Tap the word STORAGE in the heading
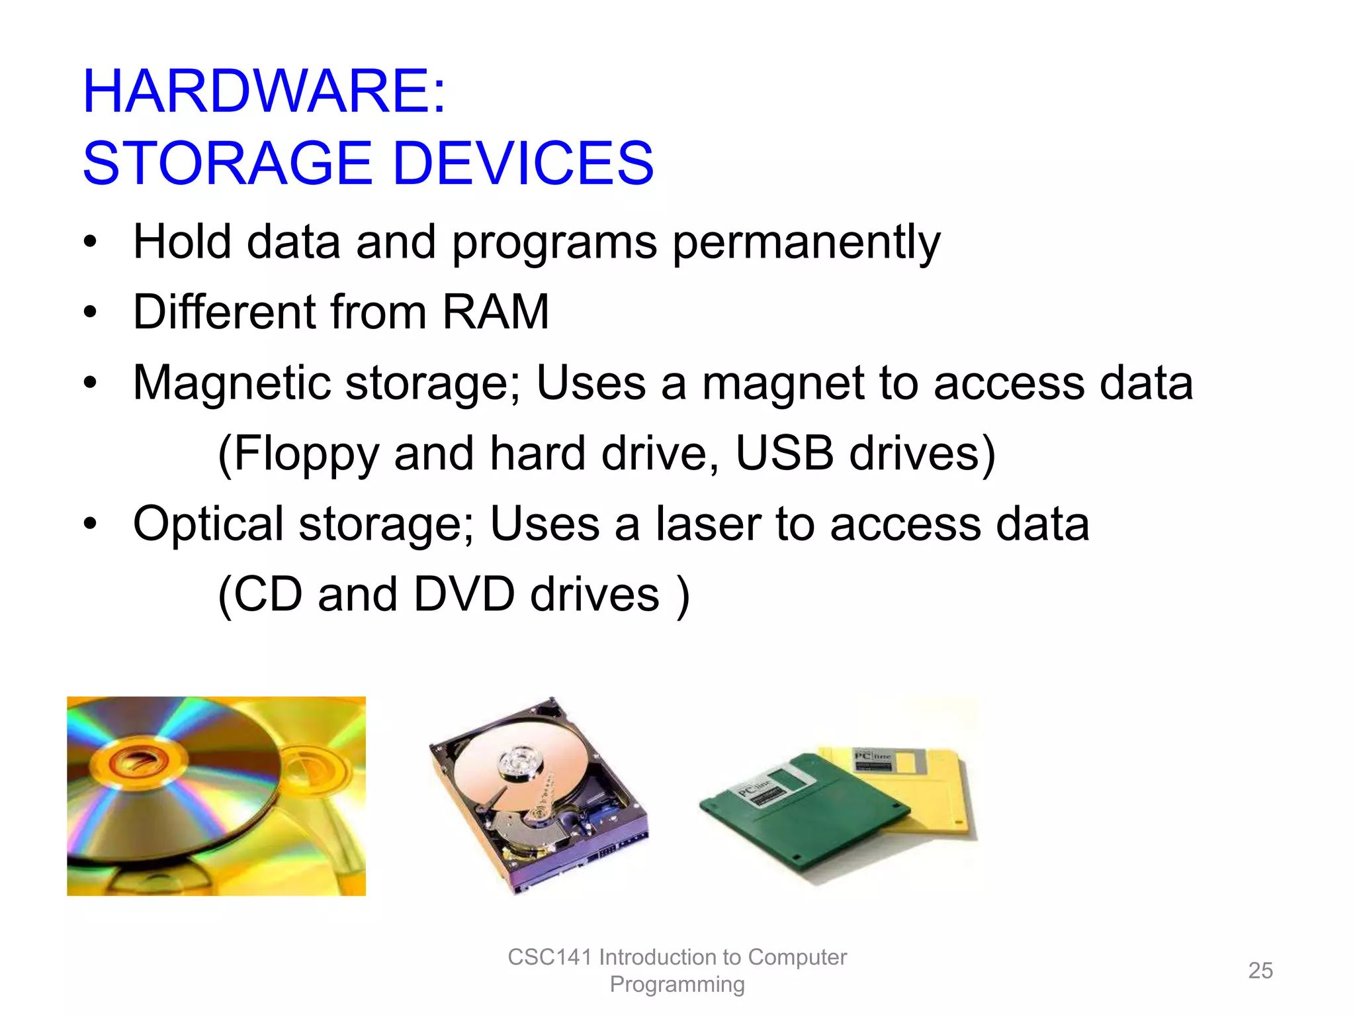[x=228, y=164]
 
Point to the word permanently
[x=806, y=242]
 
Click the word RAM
[x=496, y=312]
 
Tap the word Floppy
[x=306, y=455]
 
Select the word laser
[x=707, y=524]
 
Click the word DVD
[x=464, y=594]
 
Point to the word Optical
[x=208, y=525]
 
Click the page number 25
[x=1260, y=971]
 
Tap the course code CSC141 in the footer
[x=549, y=957]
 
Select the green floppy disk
[x=801, y=814]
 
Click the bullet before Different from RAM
[x=91, y=312]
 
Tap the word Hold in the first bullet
[x=182, y=242]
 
